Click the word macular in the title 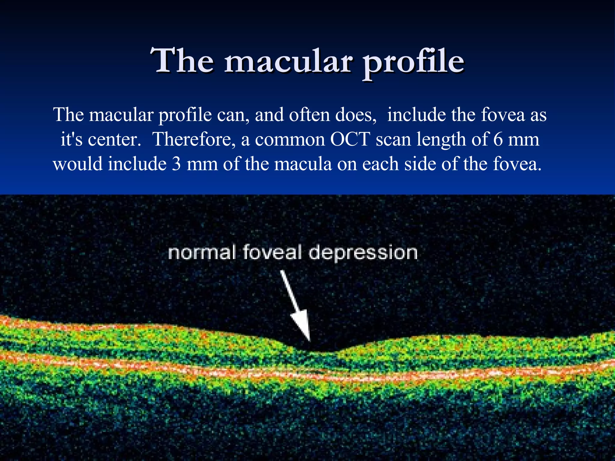(288, 62)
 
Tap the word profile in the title (414, 63)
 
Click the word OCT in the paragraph (350, 140)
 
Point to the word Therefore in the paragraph (194, 140)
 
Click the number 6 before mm (498, 140)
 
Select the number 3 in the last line (176, 164)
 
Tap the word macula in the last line (303, 164)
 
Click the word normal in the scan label (202, 252)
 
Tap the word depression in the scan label (363, 253)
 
